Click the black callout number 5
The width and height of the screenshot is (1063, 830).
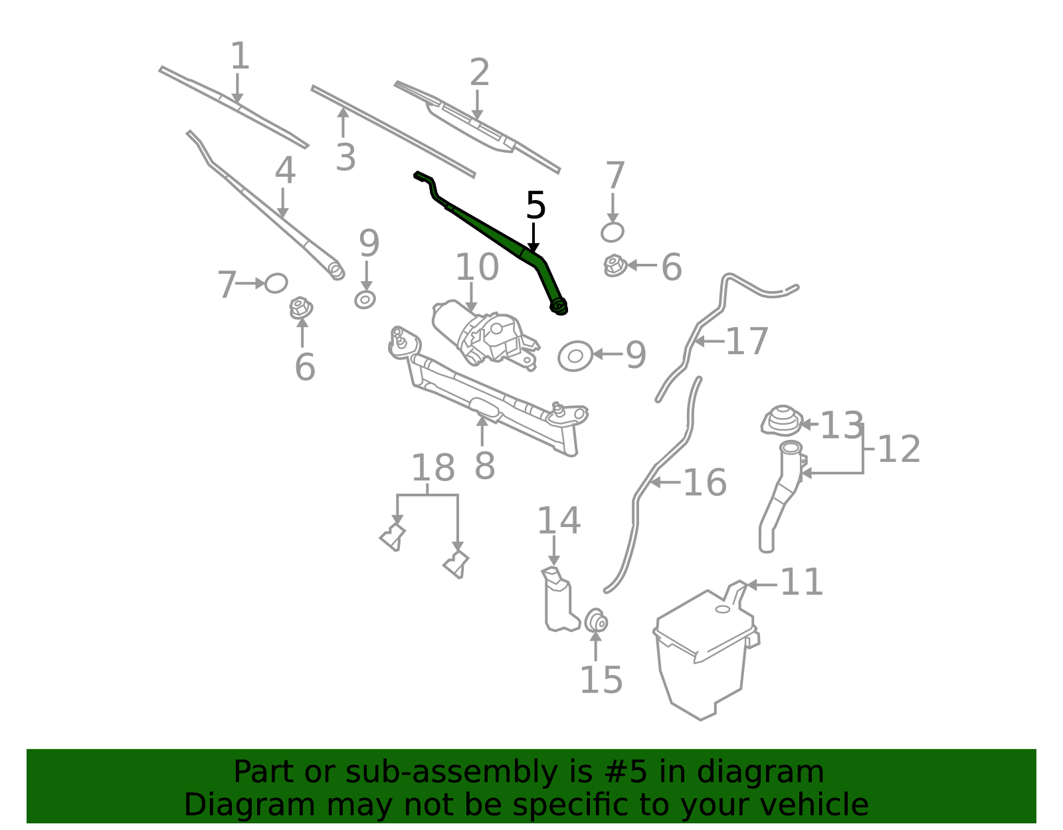[x=535, y=205]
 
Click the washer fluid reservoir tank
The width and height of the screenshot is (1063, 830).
[x=704, y=651]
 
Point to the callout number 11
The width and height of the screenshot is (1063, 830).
[x=802, y=582]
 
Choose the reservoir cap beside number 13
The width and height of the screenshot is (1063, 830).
[x=782, y=421]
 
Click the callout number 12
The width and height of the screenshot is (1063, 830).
[x=899, y=449]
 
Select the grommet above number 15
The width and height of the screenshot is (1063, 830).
[x=596, y=621]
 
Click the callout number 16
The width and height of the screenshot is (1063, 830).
[x=705, y=482]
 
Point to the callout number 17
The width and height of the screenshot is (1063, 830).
[x=747, y=342]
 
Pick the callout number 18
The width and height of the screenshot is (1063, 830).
[x=433, y=468]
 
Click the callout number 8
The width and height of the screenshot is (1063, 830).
[x=485, y=466]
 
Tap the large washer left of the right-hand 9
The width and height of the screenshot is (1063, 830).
[x=575, y=356]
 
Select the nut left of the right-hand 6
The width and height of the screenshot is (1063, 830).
[x=615, y=266]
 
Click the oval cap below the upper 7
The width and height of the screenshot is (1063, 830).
[x=613, y=232]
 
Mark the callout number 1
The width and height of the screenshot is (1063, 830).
[x=240, y=56]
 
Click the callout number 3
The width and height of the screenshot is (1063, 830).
[x=345, y=157]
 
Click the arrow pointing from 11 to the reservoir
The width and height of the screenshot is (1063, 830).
[x=762, y=585]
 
